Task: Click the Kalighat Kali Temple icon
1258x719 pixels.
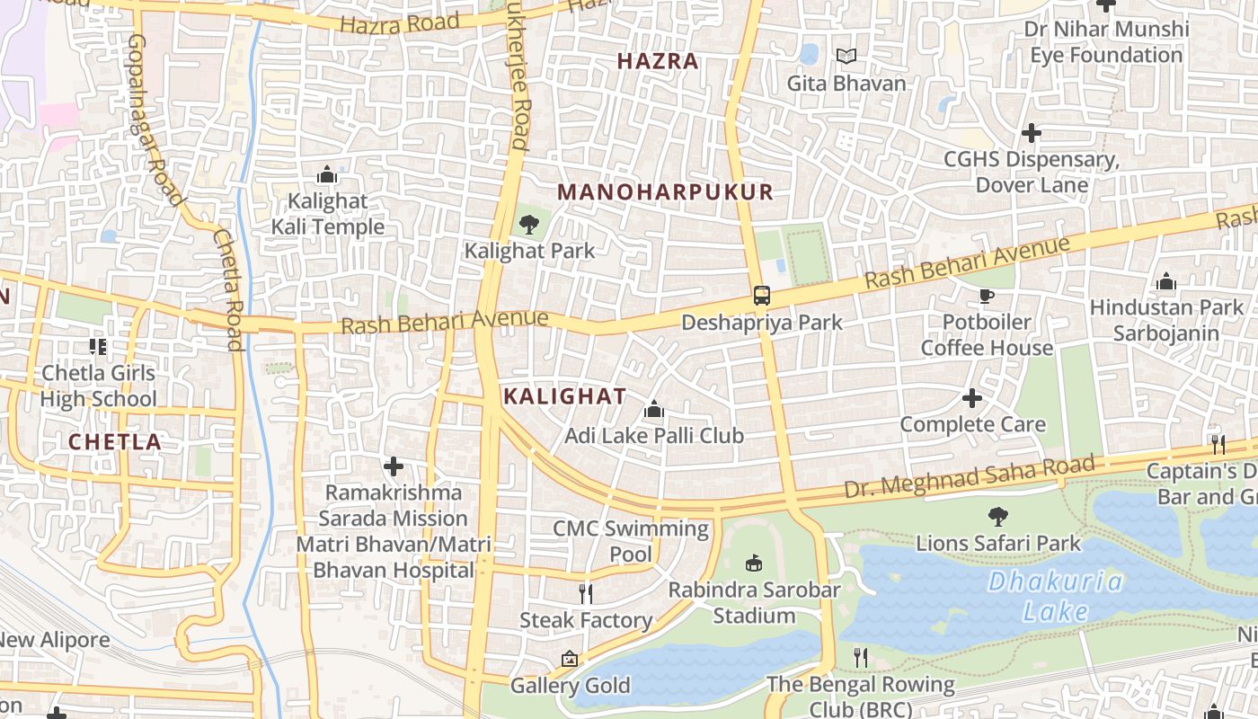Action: (327, 173)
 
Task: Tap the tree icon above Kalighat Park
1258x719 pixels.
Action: (529, 224)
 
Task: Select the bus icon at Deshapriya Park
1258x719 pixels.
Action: (761, 295)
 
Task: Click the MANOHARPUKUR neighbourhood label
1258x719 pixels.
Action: (665, 191)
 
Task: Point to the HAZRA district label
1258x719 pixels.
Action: (658, 61)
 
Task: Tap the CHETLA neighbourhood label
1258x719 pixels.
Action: (115, 441)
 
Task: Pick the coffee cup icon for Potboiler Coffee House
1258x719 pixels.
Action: (986, 296)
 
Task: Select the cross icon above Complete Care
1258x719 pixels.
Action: (972, 398)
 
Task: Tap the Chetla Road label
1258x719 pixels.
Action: (229, 288)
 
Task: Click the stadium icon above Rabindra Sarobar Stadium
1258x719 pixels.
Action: (754, 564)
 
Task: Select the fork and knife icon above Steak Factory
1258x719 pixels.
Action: (585, 593)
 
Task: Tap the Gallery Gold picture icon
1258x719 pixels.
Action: (569, 660)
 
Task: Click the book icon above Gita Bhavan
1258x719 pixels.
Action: (846, 57)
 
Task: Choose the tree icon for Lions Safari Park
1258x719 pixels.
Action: (997, 516)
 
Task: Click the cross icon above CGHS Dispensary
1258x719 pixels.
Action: (1031, 134)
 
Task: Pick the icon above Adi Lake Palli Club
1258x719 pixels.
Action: (654, 410)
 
